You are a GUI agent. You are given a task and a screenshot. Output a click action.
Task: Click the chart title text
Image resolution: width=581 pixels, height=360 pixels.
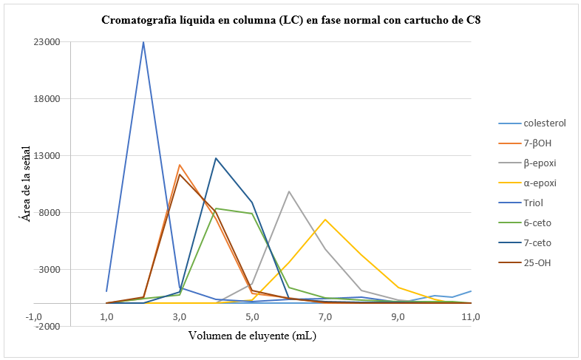point(290,20)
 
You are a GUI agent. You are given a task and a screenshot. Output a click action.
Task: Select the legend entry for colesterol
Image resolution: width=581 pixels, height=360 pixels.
point(544,123)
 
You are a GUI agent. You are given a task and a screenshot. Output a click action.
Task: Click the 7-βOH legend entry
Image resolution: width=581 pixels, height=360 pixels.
point(537,143)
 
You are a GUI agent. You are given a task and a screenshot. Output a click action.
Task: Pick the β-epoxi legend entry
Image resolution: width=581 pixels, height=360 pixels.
point(540,163)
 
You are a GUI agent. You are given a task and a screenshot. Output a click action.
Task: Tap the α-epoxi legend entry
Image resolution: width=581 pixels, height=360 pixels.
point(540,183)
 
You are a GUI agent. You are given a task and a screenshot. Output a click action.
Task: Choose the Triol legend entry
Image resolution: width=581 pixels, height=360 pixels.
point(534,203)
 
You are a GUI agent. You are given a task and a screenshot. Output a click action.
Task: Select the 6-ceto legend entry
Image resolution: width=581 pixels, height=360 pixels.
point(537,223)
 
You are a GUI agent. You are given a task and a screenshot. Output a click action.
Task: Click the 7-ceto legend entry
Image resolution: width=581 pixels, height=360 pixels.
point(537,242)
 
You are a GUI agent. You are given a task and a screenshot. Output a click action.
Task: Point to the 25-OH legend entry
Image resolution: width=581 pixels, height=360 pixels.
point(537,262)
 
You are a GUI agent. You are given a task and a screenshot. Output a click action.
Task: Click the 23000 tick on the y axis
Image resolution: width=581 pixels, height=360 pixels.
point(47,42)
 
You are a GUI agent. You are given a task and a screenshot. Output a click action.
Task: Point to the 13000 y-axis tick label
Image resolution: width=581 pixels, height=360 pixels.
point(47,156)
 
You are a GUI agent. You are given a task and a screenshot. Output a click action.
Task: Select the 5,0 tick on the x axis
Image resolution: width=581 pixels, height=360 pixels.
point(252,317)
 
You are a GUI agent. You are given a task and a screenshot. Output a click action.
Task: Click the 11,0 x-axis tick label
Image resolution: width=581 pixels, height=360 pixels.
point(471,317)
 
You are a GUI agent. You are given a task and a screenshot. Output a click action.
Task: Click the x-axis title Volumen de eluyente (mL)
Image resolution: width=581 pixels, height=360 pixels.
point(251,336)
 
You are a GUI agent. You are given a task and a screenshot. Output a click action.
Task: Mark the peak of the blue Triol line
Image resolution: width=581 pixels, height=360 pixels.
point(143,42)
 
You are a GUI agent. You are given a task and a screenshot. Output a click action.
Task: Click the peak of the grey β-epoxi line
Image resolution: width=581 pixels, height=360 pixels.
point(289,191)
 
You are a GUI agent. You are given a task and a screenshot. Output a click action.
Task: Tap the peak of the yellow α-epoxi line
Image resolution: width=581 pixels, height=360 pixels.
point(325,219)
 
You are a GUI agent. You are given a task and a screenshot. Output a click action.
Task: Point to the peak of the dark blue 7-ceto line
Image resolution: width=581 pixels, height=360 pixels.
point(216,158)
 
